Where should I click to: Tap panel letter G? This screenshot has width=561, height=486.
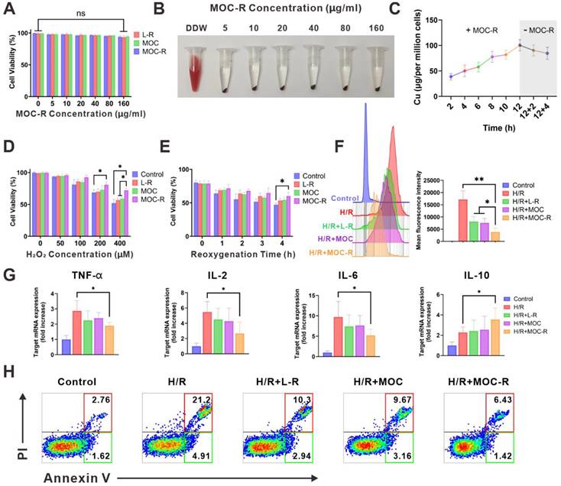point(11,273)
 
